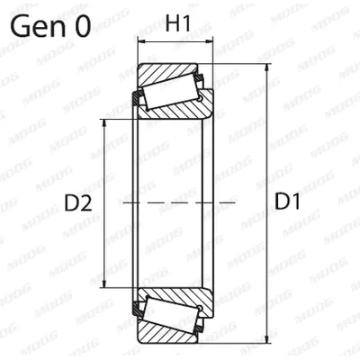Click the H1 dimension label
pos(178,23)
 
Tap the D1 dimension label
pos(287,202)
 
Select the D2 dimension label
pos(78,203)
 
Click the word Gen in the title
pos(38,26)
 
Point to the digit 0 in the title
pos(82,26)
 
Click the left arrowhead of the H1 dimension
pos(141,41)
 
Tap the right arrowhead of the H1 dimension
pos(209,41)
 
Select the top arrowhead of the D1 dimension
pos(267,67)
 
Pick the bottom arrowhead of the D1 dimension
pos(267,339)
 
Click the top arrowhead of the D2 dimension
pos(104,123)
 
